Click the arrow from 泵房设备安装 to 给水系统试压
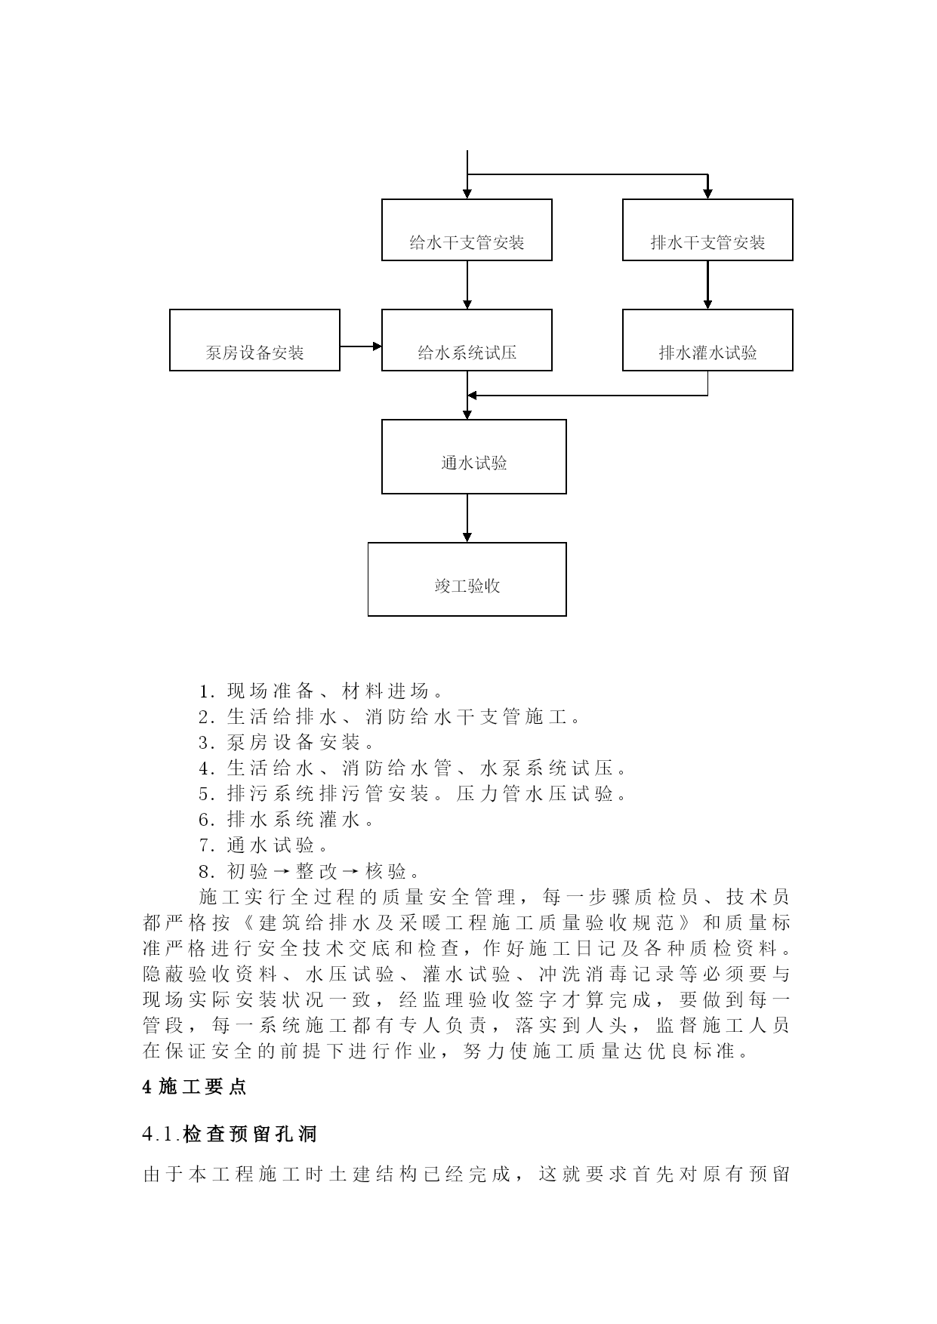tap(361, 346)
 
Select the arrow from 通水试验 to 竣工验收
tap(467, 518)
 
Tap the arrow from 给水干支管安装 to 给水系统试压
tap(467, 285)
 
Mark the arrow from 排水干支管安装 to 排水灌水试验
tap(707, 285)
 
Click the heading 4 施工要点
tap(195, 1088)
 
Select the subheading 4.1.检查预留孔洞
tap(230, 1134)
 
